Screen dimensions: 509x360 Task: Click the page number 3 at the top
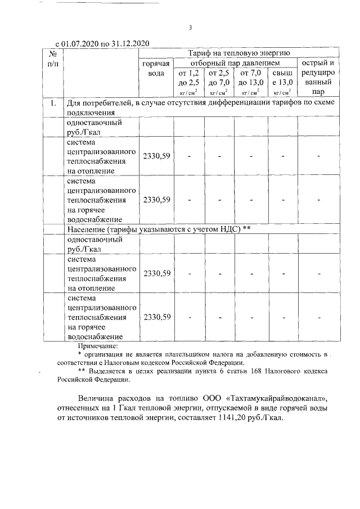pyautogui.click(x=190, y=28)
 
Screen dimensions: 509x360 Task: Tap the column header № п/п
pyautogui.click(x=52, y=58)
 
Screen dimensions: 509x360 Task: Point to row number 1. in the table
pyautogui.click(x=53, y=103)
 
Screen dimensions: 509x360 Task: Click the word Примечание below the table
pyautogui.click(x=98, y=346)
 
